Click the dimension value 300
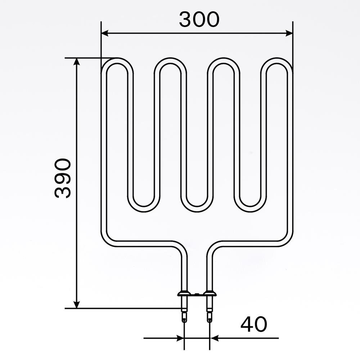(199, 19)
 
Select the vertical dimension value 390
(63, 178)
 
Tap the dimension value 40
(254, 324)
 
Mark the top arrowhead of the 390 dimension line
(76, 62)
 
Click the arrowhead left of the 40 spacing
(180, 338)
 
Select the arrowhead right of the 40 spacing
(214, 338)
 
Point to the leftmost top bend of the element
(117, 61)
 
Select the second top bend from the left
(170, 61)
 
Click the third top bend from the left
(224, 61)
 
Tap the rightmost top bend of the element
(276, 61)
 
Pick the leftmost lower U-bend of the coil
(144, 208)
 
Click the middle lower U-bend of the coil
(197, 208)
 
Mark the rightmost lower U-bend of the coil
(250, 208)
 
